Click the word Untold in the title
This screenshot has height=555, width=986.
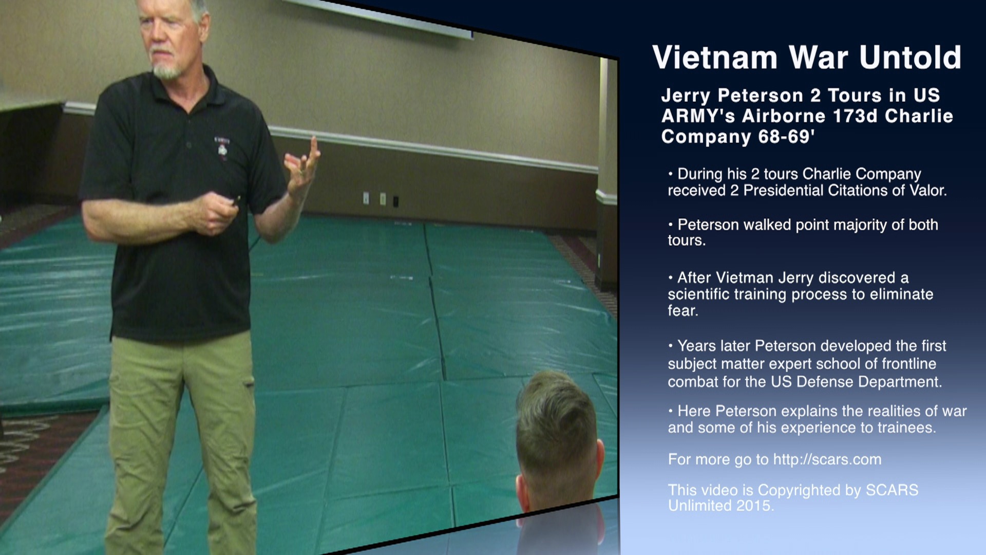click(x=910, y=57)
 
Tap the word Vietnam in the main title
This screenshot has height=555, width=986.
click(x=715, y=57)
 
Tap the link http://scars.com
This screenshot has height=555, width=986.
click(x=827, y=459)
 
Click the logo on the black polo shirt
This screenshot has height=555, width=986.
click(x=222, y=148)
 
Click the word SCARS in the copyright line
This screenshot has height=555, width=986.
click(x=892, y=490)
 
